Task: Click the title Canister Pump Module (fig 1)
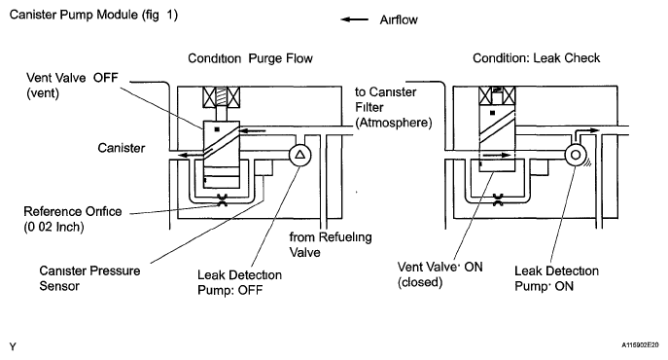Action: tap(93, 15)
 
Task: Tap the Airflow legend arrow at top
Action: tap(355, 19)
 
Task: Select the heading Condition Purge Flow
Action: tap(250, 58)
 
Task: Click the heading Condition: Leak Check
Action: tap(536, 58)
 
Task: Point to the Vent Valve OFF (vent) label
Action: tap(72, 86)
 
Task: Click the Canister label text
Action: tap(121, 148)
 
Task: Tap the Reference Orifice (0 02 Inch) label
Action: tap(72, 219)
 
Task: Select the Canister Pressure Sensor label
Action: tap(89, 278)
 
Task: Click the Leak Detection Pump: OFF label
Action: tap(239, 282)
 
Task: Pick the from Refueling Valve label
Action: tap(331, 244)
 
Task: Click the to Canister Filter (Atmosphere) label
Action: tap(393, 107)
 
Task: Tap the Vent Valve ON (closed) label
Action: tap(439, 274)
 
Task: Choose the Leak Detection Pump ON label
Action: tap(556, 278)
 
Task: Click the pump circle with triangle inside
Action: tap(299, 156)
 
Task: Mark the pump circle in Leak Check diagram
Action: tap(576, 155)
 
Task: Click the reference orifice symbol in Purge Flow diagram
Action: tap(222, 200)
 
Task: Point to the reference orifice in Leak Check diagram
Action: tap(498, 199)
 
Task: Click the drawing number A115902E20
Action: tap(640, 344)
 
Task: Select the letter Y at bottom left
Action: tap(13, 346)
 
